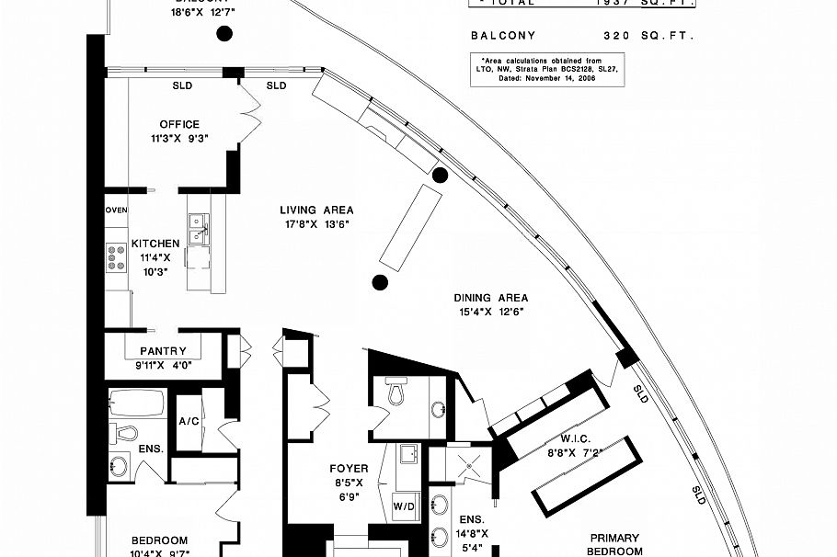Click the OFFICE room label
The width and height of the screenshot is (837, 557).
[178, 125]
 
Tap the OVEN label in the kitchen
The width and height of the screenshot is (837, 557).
[116, 210]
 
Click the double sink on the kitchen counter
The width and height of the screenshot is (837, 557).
[197, 229]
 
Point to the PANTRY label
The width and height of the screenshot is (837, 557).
[163, 351]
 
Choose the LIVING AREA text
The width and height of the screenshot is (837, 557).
[316, 210]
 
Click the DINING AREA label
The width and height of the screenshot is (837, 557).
[490, 298]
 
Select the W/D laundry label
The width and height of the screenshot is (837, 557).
[403, 506]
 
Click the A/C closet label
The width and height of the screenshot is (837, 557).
[188, 422]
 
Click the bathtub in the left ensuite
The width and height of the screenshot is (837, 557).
[136, 403]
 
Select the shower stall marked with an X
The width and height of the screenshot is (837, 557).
[470, 465]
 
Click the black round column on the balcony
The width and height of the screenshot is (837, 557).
[223, 35]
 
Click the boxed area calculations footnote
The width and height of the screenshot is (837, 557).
[546, 70]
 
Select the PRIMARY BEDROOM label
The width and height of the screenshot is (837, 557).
[615, 544]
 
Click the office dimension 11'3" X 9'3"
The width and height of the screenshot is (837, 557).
[178, 140]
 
